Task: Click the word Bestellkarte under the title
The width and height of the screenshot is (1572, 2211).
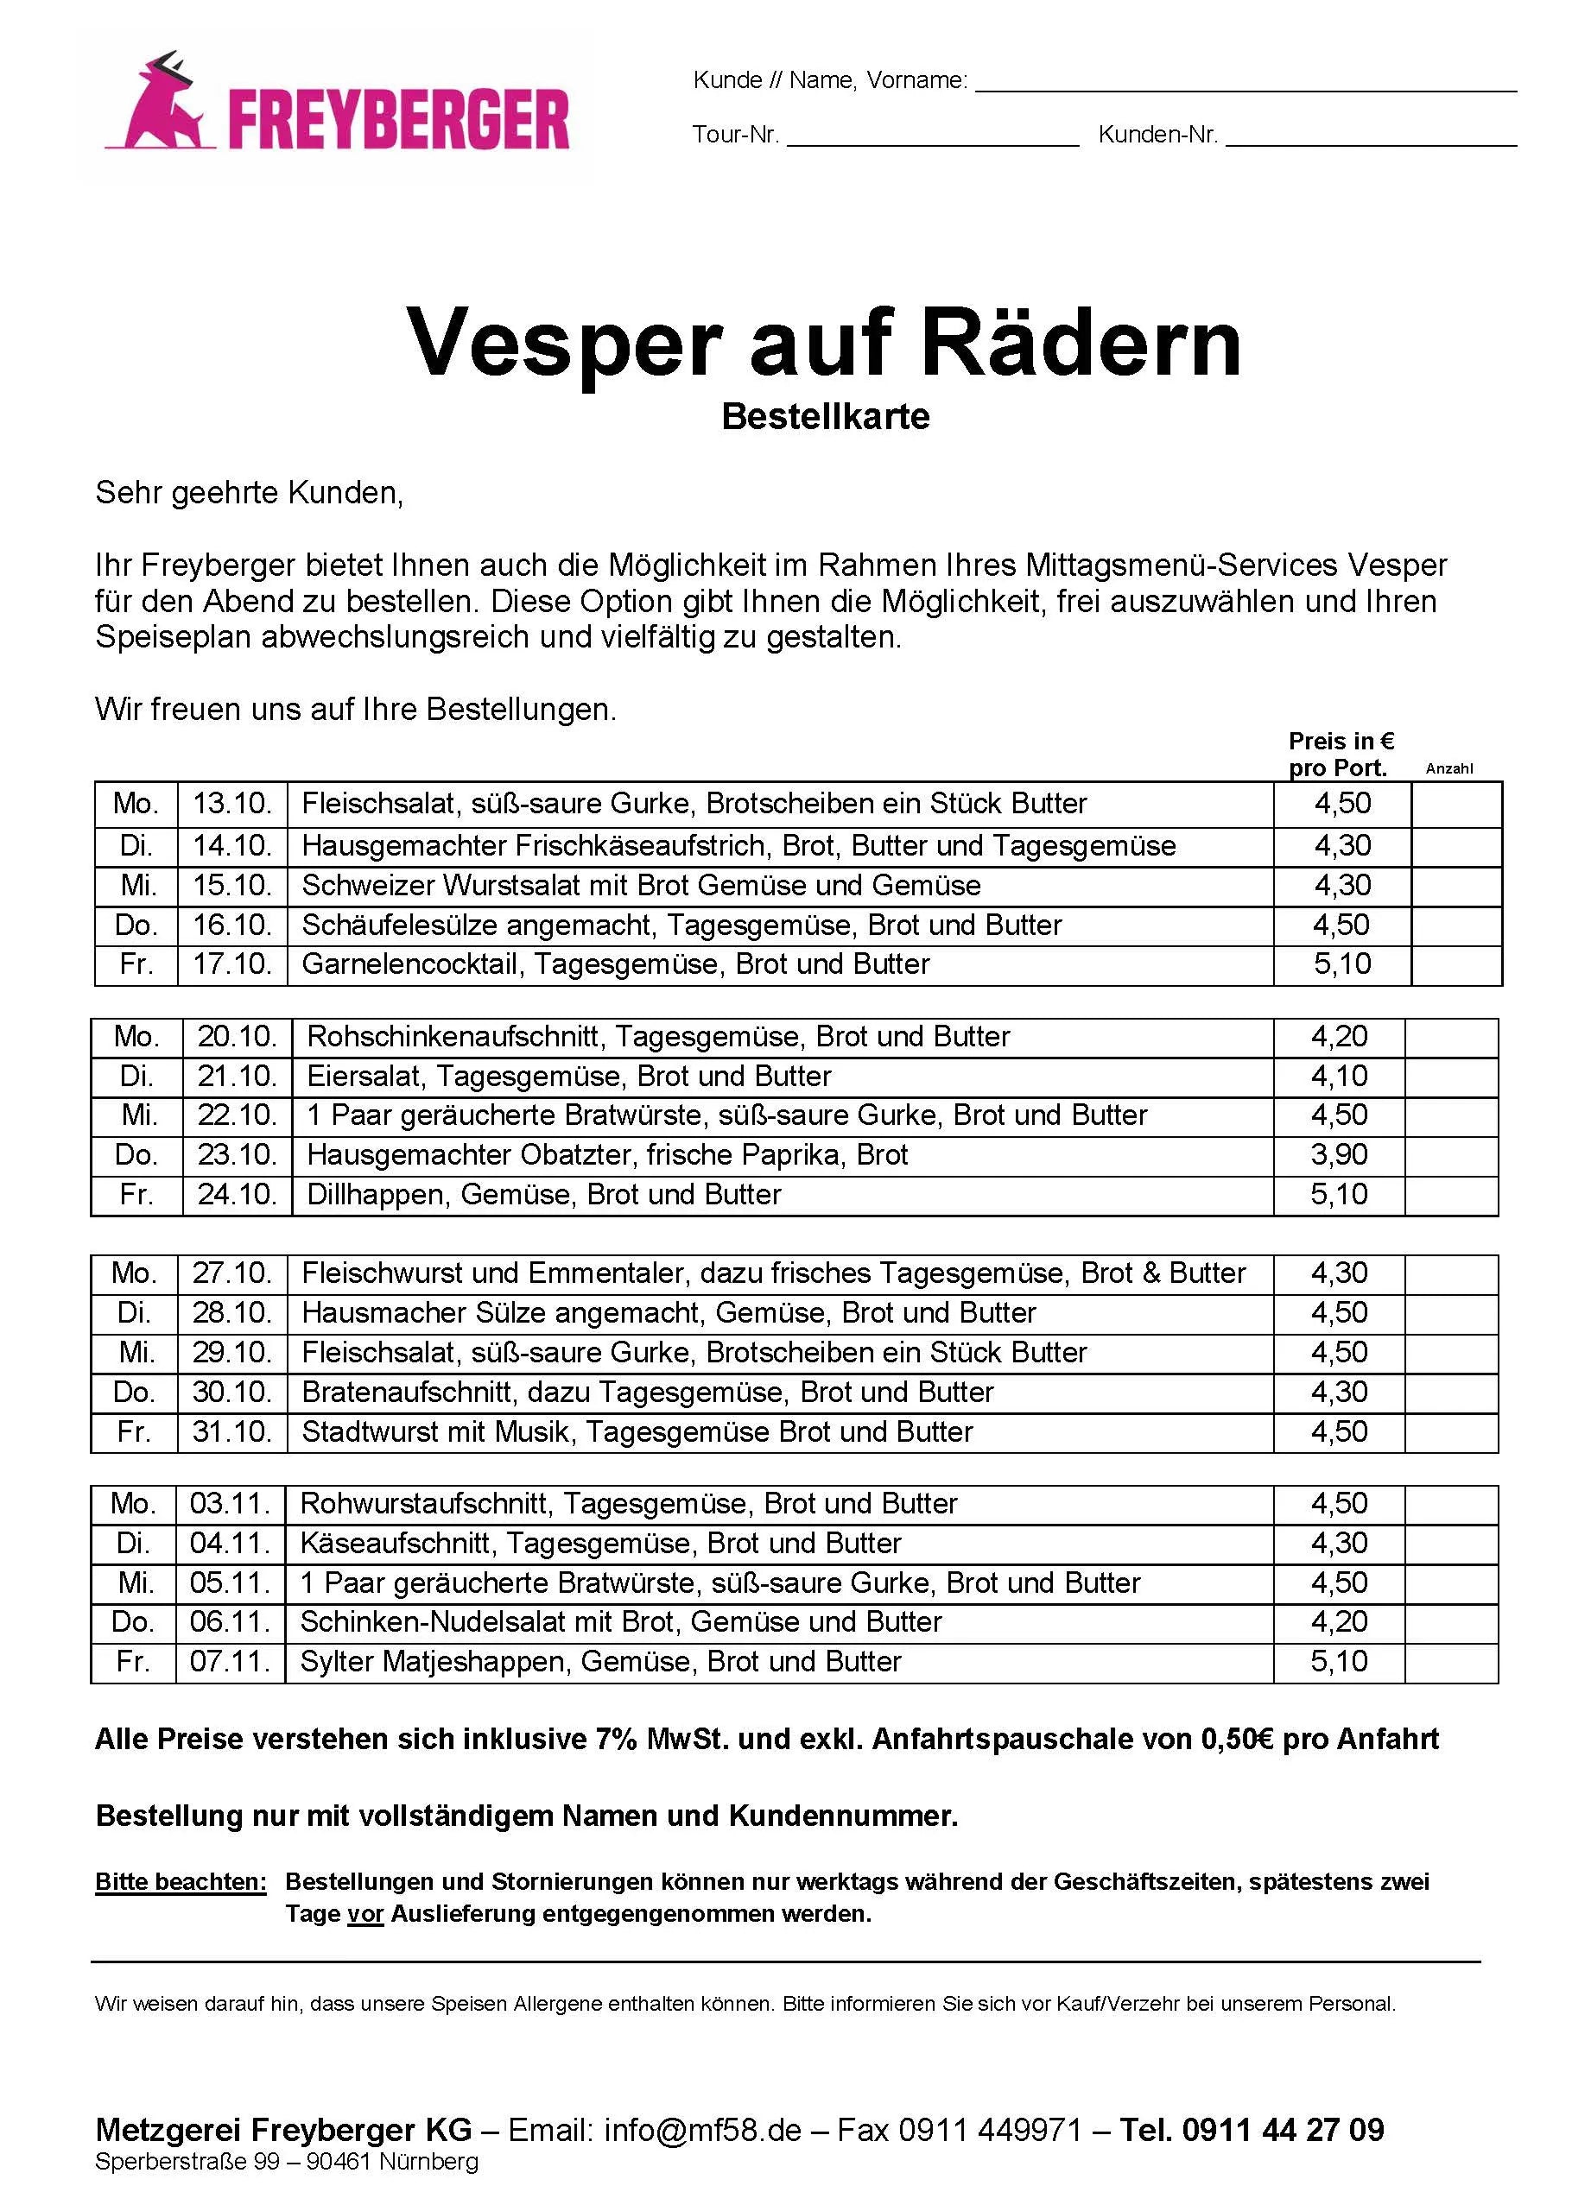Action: [x=825, y=417]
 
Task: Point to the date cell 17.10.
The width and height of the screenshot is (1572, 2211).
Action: [x=232, y=964]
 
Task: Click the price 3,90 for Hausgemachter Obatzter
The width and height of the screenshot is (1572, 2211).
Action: [x=1339, y=1154]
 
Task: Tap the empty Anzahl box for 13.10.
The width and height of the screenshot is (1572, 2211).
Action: [x=1456, y=804]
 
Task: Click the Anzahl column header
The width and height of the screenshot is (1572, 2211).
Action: [x=1449, y=768]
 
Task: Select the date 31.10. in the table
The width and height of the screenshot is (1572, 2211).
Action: [x=232, y=1432]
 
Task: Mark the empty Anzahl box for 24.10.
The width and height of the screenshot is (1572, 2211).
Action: [x=1450, y=1195]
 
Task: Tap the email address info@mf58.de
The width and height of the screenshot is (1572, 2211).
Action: [x=703, y=2130]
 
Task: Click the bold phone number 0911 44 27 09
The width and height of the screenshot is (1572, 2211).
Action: [x=1283, y=2130]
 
